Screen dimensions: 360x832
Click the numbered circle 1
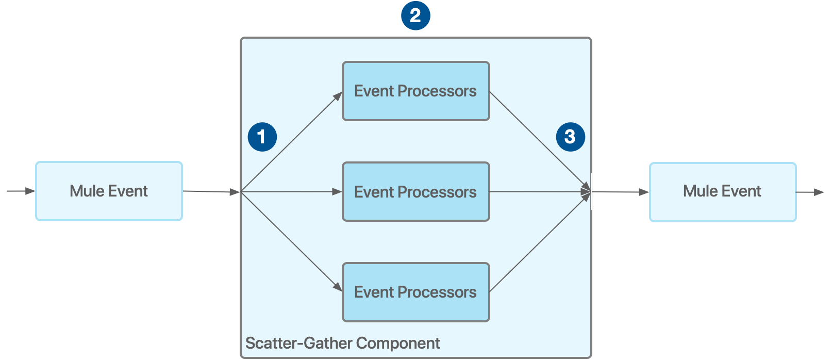[262, 137]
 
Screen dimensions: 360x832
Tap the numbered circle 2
[415, 15]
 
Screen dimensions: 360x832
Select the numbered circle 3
[570, 137]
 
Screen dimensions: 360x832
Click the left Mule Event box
[109, 191]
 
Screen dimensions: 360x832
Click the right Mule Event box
[723, 192]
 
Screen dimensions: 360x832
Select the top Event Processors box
[415, 91]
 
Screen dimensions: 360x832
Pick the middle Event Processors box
[415, 192]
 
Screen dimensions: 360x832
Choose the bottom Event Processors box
[415, 292]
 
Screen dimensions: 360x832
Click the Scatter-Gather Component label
[342, 343]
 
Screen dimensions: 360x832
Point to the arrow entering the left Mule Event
[21, 191]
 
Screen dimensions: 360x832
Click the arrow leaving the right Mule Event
[810, 192]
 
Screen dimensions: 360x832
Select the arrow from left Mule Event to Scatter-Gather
[211, 192]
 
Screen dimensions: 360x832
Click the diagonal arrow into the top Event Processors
[292, 142]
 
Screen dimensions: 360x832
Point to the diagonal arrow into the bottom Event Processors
[292, 241]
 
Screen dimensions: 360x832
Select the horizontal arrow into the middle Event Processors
[292, 192]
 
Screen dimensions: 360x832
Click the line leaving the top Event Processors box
[539, 141]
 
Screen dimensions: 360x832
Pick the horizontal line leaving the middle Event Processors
[539, 192]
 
